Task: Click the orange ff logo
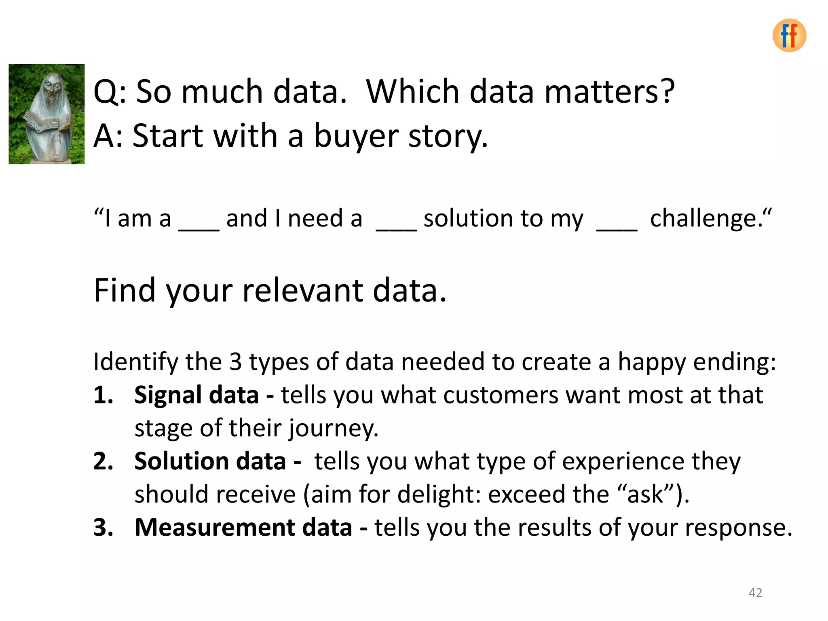point(789,36)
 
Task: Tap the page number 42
point(755,592)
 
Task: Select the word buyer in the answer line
point(356,136)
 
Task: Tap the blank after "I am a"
point(199,226)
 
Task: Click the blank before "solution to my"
point(396,226)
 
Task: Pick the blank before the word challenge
point(617,226)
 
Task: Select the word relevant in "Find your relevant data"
point(302,290)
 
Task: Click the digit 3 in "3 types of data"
point(235,361)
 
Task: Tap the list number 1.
point(103,395)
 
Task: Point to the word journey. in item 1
point(333,429)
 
